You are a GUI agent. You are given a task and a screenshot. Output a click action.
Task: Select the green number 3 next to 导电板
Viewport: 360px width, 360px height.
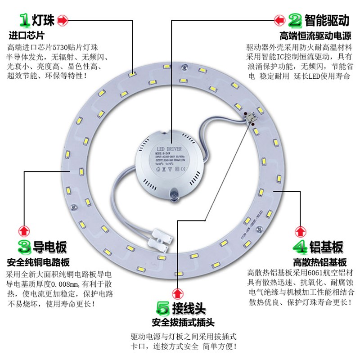[24, 246]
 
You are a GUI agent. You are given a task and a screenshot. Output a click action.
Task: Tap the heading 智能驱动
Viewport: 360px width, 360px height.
[327, 20]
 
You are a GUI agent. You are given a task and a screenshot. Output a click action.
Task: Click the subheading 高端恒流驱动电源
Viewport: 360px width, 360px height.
[315, 35]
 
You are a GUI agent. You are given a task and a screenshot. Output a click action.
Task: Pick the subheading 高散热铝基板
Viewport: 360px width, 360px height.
[320, 262]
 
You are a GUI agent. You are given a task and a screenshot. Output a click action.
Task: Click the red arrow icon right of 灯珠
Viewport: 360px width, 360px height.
[63, 20]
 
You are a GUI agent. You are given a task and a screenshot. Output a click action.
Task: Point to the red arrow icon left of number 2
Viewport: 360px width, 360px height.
[279, 20]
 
